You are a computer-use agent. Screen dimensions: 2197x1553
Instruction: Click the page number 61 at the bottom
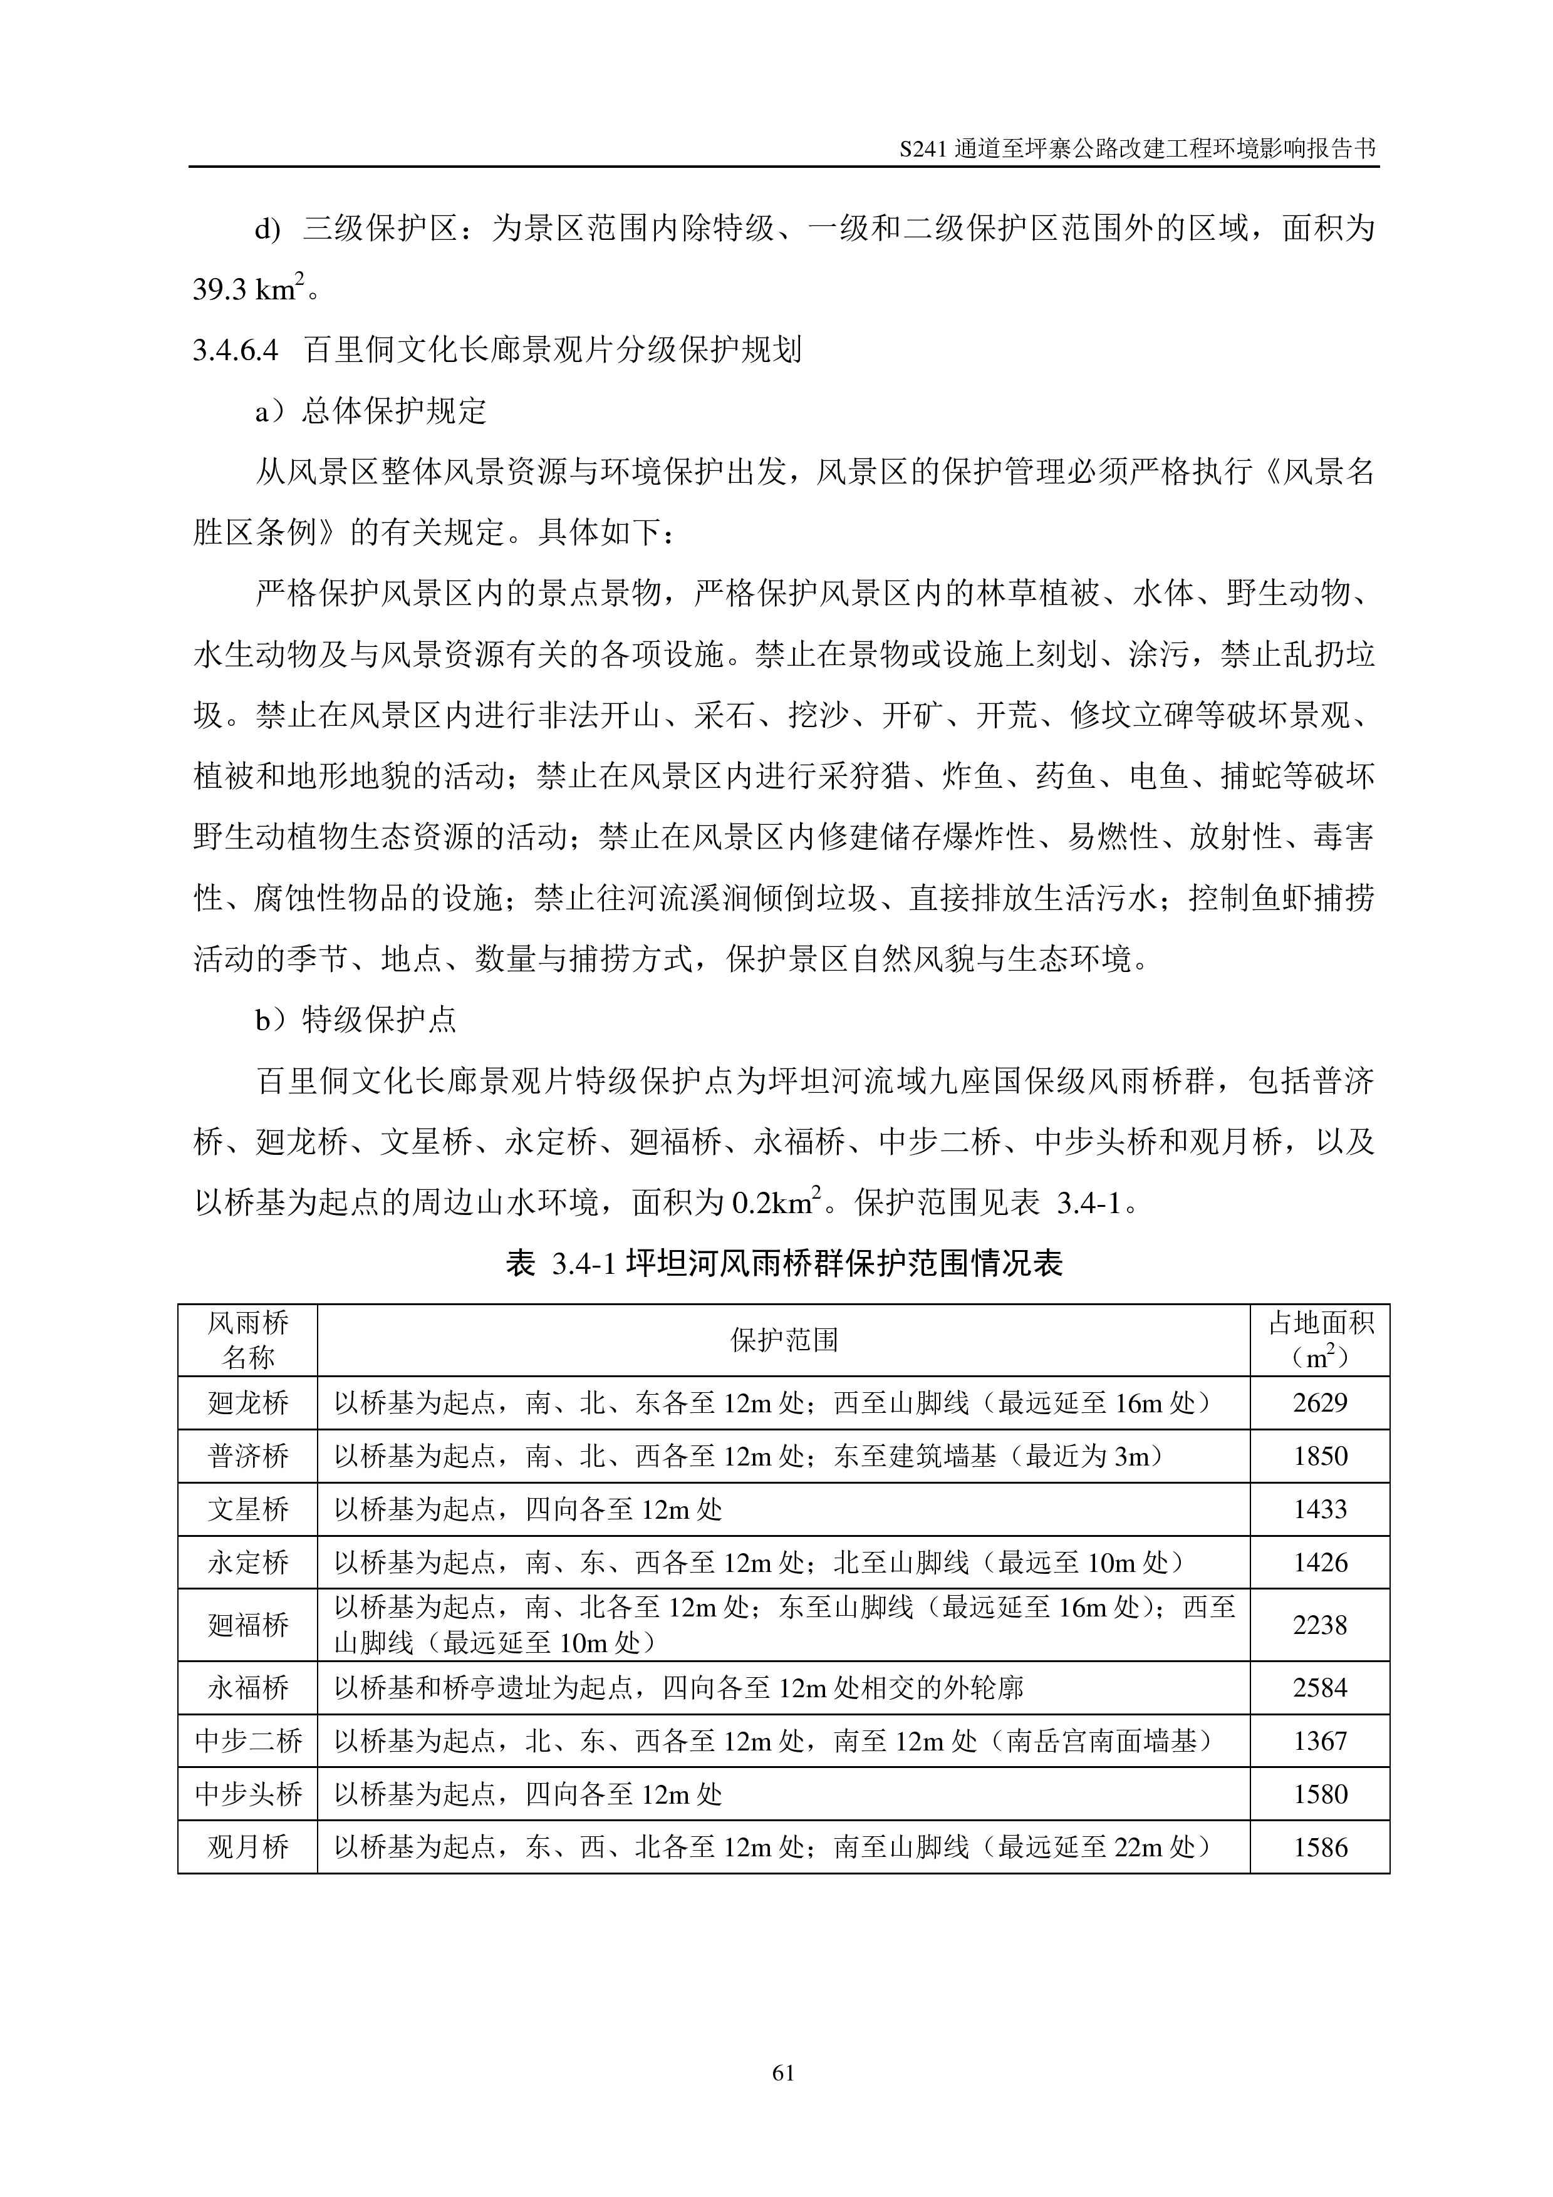click(x=782, y=2072)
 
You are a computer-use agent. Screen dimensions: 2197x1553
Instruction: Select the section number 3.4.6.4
click(x=236, y=350)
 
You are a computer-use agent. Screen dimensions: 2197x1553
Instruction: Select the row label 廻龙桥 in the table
click(x=248, y=1403)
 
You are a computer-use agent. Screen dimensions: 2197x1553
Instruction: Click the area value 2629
click(x=1319, y=1403)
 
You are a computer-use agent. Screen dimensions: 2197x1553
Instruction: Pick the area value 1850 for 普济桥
click(x=1319, y=1456)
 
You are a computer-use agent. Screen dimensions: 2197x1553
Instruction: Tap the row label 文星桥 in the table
click(x=248, y=1509)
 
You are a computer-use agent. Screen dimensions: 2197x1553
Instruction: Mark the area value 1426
click(x=1319, y=1563)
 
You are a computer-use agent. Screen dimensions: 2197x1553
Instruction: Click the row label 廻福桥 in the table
click(x=248, y=1625)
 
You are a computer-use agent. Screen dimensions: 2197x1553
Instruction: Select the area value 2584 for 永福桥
click(x=1319, y=1687)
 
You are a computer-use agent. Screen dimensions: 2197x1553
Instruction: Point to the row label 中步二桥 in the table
click(x=248, y=1740)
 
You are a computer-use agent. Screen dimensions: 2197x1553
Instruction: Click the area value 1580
click(x=1319, y=1794)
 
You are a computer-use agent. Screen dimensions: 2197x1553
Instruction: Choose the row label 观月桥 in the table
click(x=248, y=1847)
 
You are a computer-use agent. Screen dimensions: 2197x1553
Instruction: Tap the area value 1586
click(x=1319, y=1847)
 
